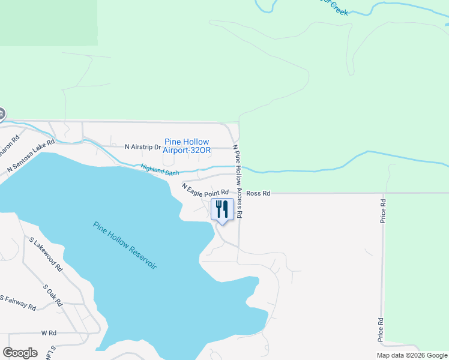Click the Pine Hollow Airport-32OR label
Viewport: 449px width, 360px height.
tap(187, 146)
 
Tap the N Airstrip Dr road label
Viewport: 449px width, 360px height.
tap(143, 146)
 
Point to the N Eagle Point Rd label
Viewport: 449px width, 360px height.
tap(205, 191)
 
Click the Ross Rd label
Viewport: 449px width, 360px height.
tap(258, 193)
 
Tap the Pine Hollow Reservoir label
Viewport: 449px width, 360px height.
tap(125, 245)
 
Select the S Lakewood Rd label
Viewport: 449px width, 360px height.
tap(46, 254)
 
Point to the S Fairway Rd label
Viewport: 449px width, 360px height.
tap(18, 302)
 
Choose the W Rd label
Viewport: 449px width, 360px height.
tap(49, 332)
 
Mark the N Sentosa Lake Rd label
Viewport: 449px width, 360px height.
tap(31, 157)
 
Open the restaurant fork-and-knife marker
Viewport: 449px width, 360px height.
tap(222, 210)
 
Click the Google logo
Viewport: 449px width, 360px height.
tap(20, 353)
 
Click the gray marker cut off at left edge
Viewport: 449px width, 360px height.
tap(2, 113)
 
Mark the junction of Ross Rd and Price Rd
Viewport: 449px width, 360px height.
tap(382, 193)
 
